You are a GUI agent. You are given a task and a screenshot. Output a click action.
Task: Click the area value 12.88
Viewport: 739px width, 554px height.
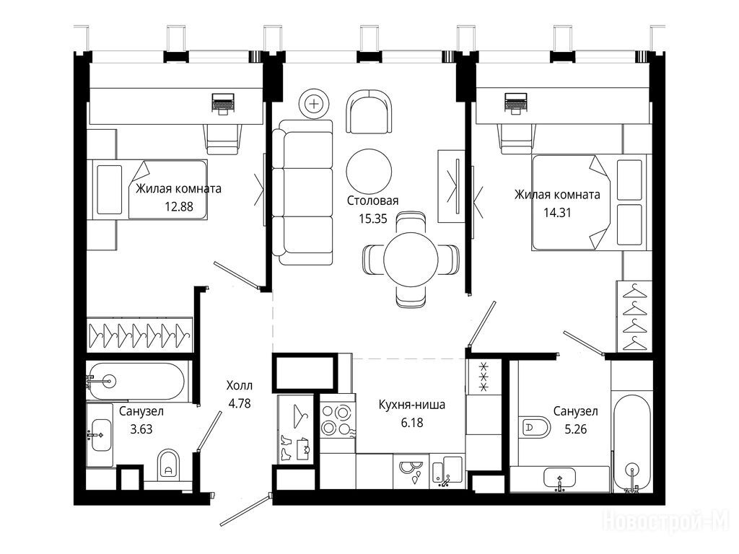tap(179, 206)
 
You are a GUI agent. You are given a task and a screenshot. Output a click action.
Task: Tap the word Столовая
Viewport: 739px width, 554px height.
tap(373, 201)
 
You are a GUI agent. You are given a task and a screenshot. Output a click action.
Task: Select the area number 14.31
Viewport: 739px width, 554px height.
tap(557, 213)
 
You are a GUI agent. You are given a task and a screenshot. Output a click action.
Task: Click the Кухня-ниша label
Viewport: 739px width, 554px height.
tap(412, 405)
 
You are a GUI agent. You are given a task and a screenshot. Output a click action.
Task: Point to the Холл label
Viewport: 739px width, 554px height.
tap(240, 386)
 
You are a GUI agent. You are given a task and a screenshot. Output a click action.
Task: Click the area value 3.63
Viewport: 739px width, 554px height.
tap(141, 429)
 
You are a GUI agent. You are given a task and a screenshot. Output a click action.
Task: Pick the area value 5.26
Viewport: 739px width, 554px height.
tap(575, 429)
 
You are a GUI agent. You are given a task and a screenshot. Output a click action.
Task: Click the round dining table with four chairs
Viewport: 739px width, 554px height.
tap(411, 259)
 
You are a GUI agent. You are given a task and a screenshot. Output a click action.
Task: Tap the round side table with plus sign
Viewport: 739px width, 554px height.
tap(314, 103)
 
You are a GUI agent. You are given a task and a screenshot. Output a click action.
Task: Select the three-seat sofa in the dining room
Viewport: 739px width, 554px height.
tap(302, 192)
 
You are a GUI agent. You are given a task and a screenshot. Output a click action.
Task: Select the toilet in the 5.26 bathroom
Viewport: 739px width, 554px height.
tap(534, 428)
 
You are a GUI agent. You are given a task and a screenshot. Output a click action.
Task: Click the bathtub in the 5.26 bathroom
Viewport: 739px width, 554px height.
tap(632, 444)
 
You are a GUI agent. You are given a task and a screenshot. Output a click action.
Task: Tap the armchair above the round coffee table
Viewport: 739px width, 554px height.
tap(369, 112)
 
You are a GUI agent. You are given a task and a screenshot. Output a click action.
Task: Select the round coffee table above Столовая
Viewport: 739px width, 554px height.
tap(369, 172)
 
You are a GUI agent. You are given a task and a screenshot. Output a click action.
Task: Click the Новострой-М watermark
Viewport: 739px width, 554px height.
tap(665, 521)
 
